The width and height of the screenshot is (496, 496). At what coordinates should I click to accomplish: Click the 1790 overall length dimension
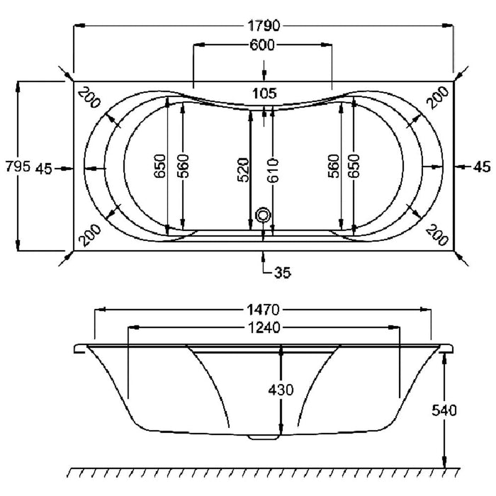[x=264, y=26]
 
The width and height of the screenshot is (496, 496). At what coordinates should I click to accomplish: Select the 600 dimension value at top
[x=262, y=45]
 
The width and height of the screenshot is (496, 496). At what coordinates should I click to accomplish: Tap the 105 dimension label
[x=264, y=94]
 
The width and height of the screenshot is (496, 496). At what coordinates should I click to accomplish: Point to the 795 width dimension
[x=18, y=167]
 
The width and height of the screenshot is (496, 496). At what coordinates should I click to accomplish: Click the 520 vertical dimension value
[x=243, y=170]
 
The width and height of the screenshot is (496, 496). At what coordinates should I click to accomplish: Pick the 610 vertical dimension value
[x=273, y=171]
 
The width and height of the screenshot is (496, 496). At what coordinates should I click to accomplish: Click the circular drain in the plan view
[x=263, y=215]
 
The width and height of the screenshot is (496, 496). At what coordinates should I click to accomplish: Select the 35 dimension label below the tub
[x=283, y=272]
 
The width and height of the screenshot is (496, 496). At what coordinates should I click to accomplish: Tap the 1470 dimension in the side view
[x=263, y=310]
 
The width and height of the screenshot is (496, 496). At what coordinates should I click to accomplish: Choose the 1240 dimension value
[x=264, y=327]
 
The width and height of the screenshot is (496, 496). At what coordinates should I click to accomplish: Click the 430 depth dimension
[x=281, y=390]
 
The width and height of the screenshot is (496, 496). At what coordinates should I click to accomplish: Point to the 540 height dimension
[x=444, y=410]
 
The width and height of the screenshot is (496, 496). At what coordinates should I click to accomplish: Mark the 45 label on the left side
[x=43, y=169]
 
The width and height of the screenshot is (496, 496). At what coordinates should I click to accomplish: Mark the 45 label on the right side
[x=482, y=167]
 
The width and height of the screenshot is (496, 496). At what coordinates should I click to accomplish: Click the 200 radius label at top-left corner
[x=89, y=98]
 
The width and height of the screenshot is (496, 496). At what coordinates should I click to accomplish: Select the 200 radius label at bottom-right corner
[x=437, y=235]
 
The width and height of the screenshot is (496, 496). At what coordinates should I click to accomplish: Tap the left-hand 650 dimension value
[x=159, y=166]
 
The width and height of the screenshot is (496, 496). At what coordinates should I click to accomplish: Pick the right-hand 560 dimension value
[x=333, y=166]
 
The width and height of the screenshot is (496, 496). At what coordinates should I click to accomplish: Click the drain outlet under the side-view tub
[x=264, y=437]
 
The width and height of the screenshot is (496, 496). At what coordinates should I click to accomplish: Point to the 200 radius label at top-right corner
[x=437, y=98]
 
